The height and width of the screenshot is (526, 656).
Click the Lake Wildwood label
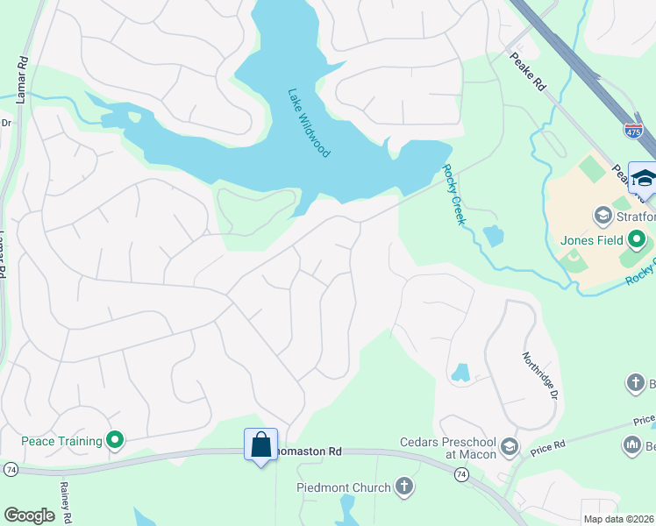point(309,123)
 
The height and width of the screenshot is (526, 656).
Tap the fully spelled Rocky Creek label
point(453,195)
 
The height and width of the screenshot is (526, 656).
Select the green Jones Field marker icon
point(638,239)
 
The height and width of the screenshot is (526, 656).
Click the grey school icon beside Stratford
point(603,215)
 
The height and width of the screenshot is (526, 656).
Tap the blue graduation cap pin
point(644,178)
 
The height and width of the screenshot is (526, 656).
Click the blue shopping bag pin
point(260,445)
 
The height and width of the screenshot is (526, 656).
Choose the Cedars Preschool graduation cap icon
point(509,449)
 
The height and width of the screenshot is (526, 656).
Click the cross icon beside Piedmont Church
point(404,487)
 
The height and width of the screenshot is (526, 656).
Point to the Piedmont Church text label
point(344,487)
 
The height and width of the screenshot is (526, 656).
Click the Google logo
point(29,515)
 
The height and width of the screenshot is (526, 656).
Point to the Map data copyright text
point(618,519)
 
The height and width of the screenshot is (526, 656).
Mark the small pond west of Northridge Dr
point(460,373)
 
